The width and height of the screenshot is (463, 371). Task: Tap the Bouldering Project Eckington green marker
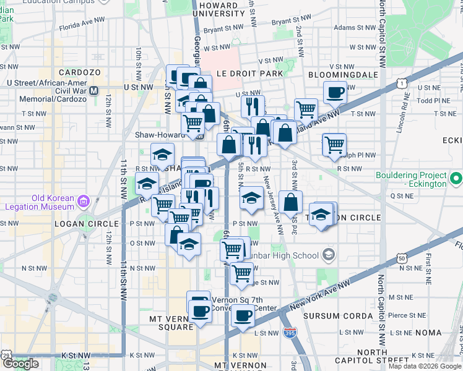[456, 180]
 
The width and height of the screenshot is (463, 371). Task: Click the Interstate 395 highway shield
[289, 333]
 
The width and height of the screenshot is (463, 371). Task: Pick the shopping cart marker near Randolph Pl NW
[334, 145]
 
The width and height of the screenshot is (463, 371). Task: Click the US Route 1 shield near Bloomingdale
[402, 82]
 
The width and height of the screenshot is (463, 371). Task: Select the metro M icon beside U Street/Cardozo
[94, 90]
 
